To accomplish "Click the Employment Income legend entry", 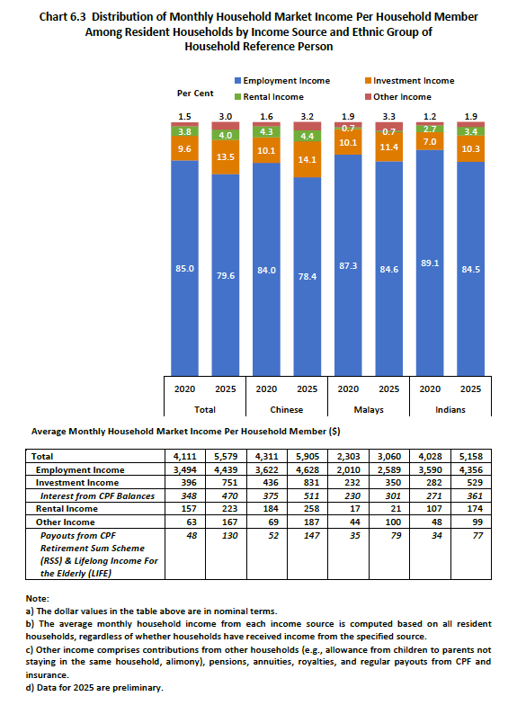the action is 282,81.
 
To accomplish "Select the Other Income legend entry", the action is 398,97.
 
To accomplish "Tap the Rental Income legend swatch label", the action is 273,97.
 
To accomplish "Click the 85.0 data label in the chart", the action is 184,269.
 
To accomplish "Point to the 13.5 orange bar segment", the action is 226,157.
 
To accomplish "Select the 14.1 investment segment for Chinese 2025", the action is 308,159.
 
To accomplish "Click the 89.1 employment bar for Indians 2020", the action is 430,263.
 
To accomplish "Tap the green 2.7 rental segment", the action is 430,129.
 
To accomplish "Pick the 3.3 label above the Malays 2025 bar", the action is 389,117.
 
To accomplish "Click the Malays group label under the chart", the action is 369,410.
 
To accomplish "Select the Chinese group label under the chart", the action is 287,410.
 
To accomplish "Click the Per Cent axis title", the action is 195,94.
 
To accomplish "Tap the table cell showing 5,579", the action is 226,456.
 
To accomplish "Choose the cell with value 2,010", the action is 348,470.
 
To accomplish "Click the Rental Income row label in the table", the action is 67,509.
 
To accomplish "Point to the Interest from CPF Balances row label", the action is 97,495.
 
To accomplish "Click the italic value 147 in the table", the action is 311,536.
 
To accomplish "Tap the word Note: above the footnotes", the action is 38,598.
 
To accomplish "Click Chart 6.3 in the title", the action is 62,17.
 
